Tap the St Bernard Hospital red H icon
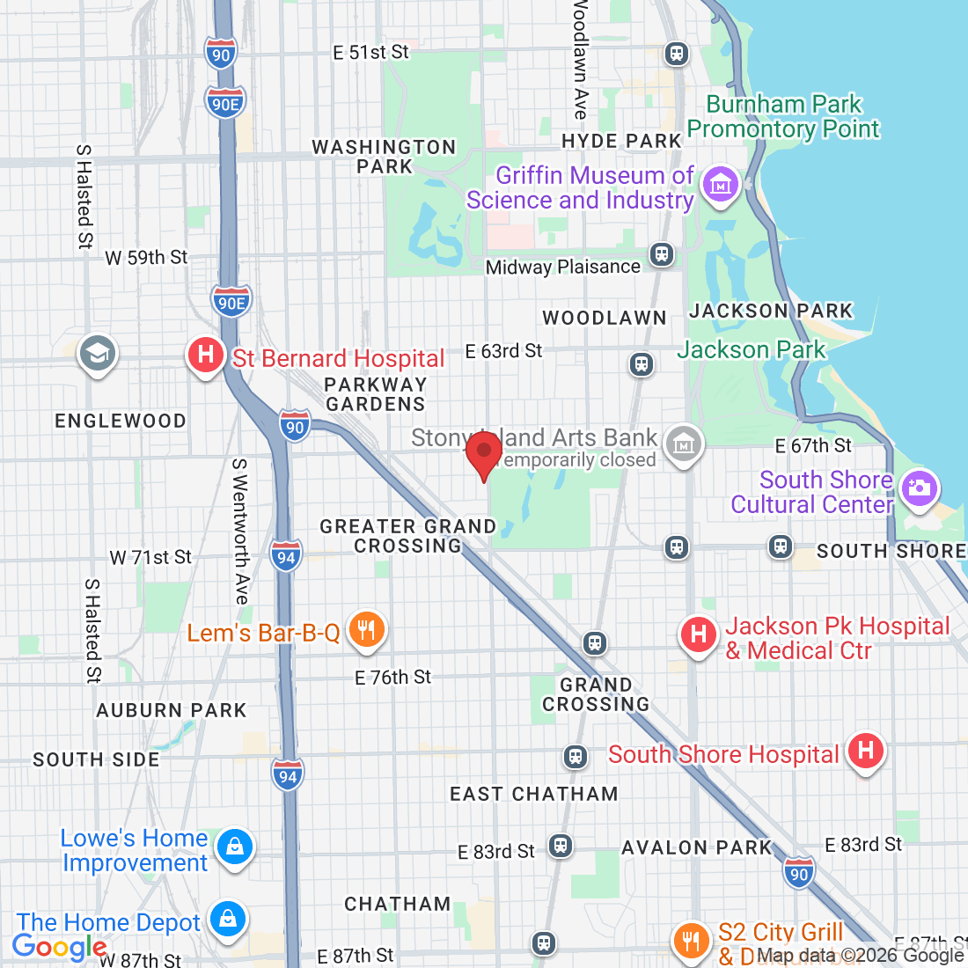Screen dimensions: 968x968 click(205, 356)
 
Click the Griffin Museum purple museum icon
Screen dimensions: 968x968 click(721, 185)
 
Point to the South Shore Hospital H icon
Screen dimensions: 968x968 click(865, 752)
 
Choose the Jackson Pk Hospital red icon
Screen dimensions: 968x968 click(699, 634)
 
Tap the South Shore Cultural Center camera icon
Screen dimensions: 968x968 click(920, 488)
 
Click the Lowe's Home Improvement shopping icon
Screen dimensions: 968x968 click(234, 847)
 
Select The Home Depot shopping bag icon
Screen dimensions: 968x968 click(228, 920)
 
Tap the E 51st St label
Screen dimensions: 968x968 click(370, 53)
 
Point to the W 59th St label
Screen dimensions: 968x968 click(146, 258)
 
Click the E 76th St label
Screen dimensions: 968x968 click(393, 677)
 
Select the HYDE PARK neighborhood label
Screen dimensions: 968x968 click(621, 141)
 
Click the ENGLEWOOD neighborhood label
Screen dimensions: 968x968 click(121, 421)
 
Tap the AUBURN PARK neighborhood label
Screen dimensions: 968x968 click(172, 710)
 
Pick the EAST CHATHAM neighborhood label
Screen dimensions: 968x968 click(534, 794)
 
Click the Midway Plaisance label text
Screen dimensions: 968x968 click(563, 267)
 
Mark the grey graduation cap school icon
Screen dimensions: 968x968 click(97, 354)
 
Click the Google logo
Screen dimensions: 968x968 click(59, 947)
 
